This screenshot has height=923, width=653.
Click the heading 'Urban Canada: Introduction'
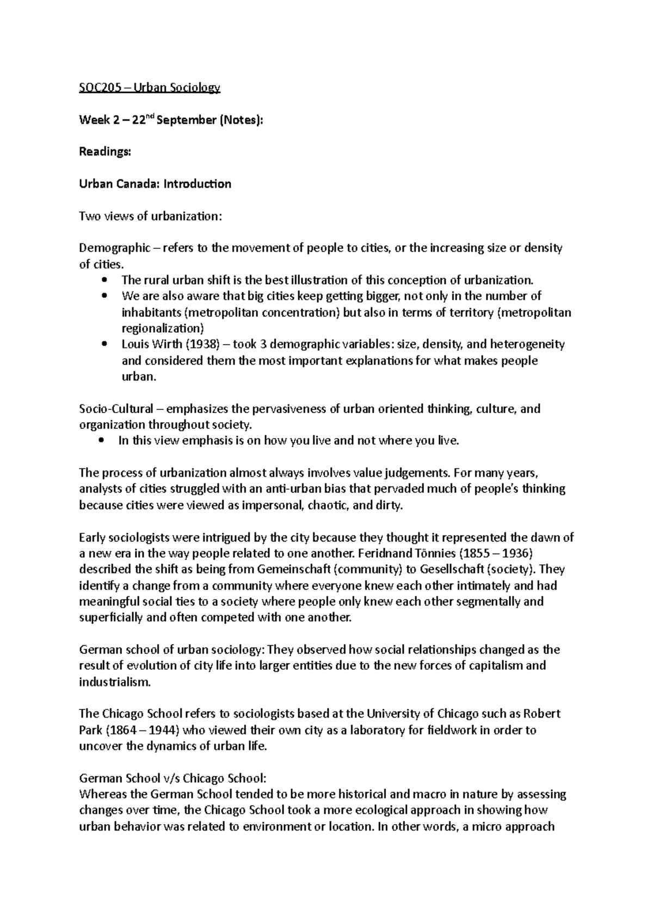155,184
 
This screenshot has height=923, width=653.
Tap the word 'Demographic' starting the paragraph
114,248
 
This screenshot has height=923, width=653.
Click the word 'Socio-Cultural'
116,409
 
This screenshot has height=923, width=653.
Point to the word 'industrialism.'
114,682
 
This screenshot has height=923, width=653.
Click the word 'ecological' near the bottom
380,810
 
